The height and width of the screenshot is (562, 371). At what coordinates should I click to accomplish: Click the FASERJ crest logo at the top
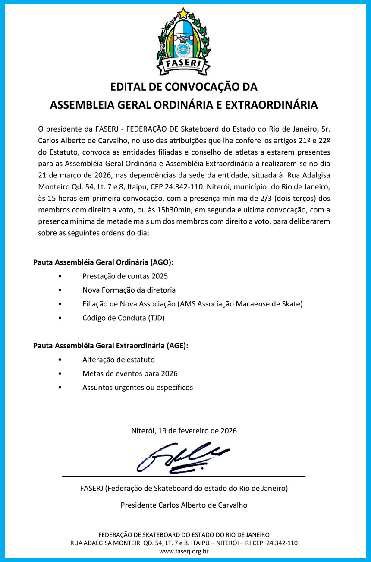(184, 41)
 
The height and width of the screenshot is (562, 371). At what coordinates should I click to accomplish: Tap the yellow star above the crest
(184, 13)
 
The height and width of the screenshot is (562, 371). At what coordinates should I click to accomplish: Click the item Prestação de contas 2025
(125, 276)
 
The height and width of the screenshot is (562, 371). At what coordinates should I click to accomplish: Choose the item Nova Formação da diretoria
(129, 290)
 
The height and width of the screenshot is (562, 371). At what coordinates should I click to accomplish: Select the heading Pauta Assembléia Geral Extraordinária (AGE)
(110, 346)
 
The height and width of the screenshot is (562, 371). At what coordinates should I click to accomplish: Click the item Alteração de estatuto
(119, 360)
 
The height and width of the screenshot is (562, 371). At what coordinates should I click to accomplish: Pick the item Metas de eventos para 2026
(130, 373)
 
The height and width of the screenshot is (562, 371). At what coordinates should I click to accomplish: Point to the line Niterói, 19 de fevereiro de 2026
(184, 431)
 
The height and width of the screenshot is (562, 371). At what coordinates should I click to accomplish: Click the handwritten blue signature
(183, 457)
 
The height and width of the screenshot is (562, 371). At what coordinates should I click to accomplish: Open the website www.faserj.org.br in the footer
(184, 551)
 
